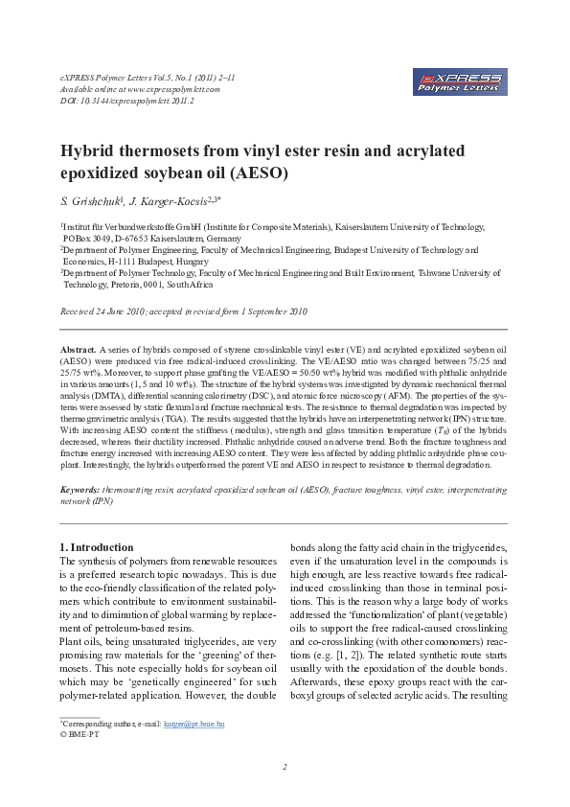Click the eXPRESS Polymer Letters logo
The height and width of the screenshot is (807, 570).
[462, 81]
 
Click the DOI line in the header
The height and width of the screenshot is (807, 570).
[113, 100]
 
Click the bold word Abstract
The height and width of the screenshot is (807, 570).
[78, 353]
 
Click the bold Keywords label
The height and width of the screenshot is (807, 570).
[80, 489]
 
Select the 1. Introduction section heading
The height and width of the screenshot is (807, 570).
[96, 547]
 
